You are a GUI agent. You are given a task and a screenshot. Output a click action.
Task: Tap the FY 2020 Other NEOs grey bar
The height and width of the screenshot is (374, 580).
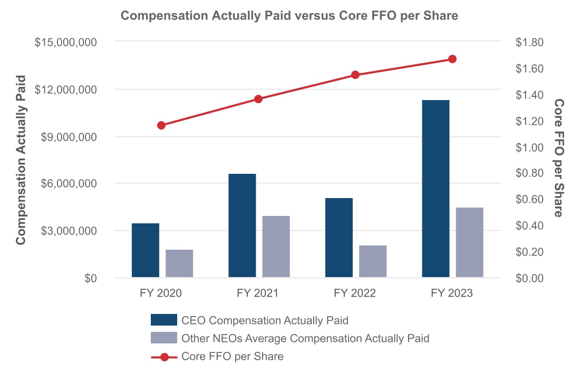click(179, 263)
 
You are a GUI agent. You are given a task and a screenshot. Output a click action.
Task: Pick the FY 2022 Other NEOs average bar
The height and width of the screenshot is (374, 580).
click(373, 261)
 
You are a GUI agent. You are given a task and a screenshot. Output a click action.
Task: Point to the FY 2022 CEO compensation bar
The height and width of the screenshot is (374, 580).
click(339, 238)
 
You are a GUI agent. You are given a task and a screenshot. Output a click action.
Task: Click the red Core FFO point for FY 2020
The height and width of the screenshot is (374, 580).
click(161, 125)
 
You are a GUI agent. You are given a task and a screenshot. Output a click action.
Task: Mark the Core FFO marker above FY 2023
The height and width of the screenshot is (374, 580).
click(452, 59)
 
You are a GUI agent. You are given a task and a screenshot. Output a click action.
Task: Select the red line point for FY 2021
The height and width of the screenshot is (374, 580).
click(258, 99)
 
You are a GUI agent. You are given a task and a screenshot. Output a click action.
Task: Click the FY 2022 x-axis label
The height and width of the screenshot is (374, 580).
click(355, 293)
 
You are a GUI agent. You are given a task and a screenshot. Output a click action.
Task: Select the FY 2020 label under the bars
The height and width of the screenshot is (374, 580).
click(161, 293)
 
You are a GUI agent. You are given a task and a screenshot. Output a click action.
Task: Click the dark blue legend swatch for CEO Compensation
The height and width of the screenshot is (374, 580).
click(163, 320)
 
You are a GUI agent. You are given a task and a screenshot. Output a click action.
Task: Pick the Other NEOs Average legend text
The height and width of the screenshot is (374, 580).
click(305, 338)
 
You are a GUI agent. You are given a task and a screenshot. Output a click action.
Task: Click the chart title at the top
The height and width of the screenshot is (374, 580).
click(289, 16)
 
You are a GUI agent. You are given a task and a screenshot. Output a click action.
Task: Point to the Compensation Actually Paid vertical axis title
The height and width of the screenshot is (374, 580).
click(21, 160)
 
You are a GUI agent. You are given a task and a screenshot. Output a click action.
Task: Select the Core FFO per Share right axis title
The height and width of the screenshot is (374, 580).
click(558, 158)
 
